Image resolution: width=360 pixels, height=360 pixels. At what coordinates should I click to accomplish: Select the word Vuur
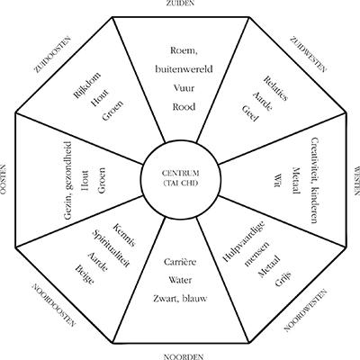click(x=184, y=88)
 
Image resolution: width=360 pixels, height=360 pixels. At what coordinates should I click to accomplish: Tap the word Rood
click(x=184, y=107)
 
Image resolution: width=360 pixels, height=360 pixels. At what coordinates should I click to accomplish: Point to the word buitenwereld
click(x=184, y=69)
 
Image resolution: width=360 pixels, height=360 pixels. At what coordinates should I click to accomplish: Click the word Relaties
click(x=275, y=88)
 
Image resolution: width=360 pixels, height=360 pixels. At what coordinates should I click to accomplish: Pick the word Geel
click(x=250, y=113)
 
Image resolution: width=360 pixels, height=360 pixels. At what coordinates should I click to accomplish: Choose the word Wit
click(x=277, y=180)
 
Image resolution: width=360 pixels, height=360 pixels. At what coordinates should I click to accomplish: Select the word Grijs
click(x=283, y=278)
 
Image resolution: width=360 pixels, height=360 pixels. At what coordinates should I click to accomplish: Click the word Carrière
click(x=180, y=262)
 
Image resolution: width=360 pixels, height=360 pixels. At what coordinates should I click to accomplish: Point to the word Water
click(x=180, y=280)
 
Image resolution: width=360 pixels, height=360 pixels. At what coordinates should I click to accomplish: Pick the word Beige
click(x=85, y=274)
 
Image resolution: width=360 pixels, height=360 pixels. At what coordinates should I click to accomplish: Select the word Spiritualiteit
click(x=111, y=248)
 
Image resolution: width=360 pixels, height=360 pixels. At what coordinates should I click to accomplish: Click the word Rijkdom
click(x=87, y=85)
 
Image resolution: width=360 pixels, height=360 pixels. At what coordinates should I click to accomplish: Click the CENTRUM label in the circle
click(x=180, y=173)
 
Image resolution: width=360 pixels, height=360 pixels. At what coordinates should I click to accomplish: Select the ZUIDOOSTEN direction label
click(x=53, y=55)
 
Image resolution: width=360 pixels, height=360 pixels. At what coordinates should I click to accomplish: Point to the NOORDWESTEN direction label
click(x=305, y=310)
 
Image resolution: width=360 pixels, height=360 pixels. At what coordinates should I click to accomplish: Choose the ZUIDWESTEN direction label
click(x=308, y=54)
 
